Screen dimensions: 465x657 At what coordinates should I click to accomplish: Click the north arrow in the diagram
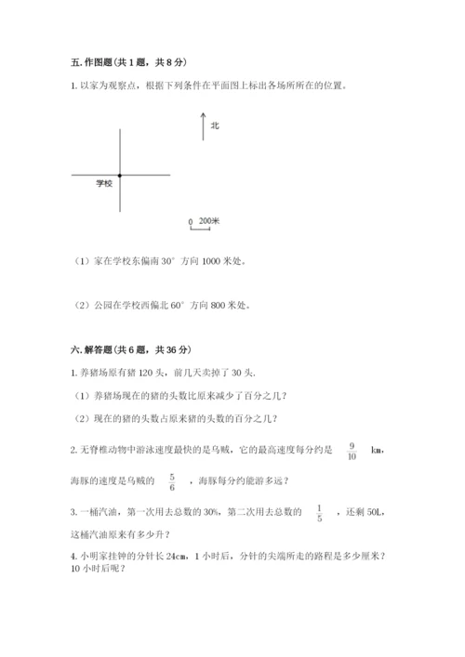[202, 126]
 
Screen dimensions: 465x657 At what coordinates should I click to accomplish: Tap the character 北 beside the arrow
[215, 125]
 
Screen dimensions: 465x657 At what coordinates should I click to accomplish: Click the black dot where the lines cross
[120, 175]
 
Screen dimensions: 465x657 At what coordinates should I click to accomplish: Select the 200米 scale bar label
[209, 221]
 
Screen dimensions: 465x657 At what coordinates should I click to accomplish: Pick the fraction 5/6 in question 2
[172, 480]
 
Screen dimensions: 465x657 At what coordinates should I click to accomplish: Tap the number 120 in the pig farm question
[144, 374]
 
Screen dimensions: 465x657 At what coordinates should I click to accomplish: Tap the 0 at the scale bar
[191, 222]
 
